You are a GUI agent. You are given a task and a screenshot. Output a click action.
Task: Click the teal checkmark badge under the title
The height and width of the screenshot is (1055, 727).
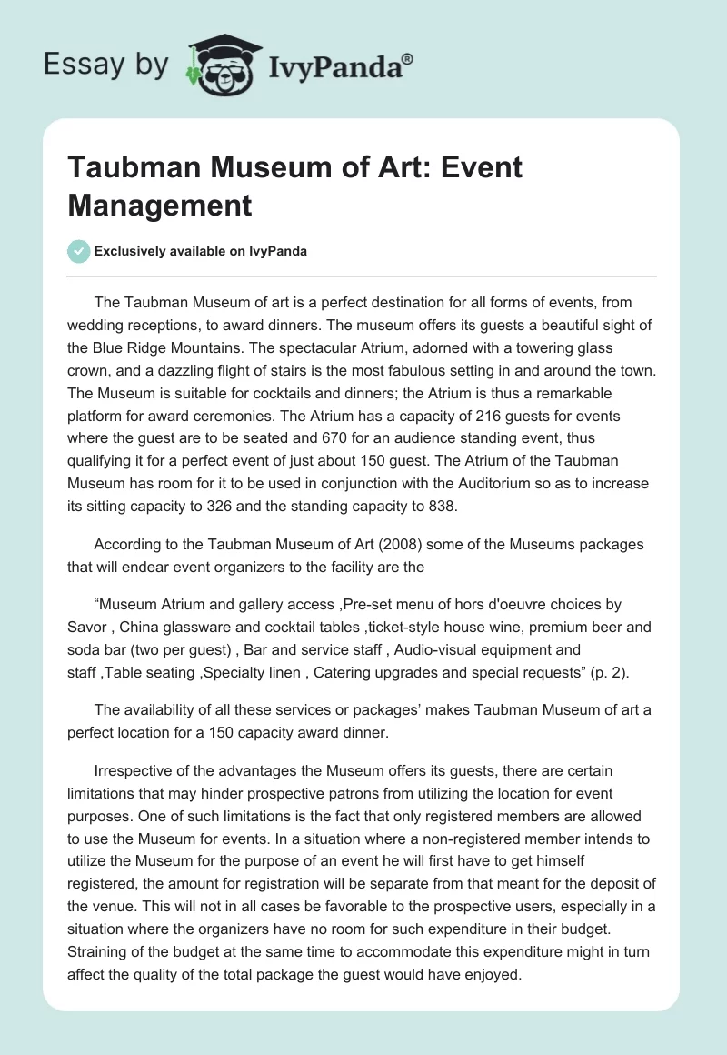(79, 251)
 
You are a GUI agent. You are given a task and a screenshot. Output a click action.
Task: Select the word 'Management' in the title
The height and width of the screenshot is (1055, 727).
(159, 205)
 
